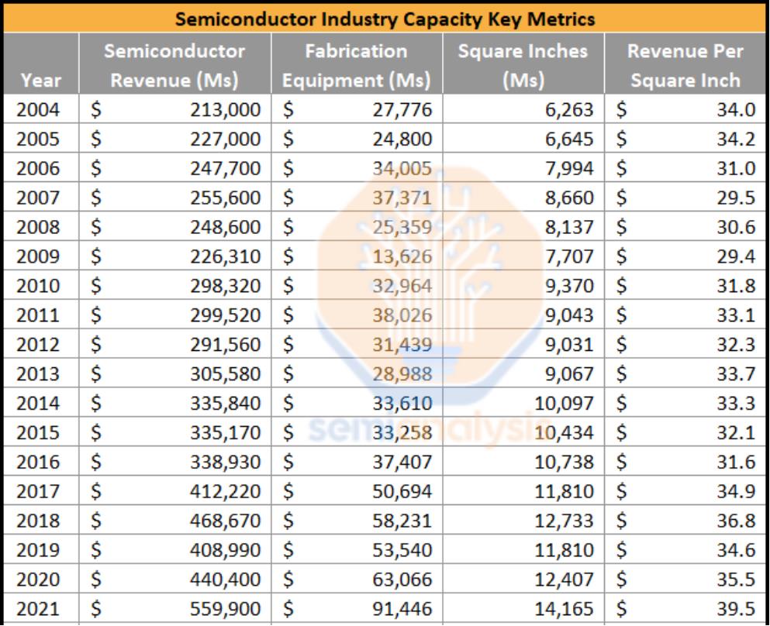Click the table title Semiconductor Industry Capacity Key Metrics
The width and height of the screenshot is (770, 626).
pyautogui.click(x=385, y=19)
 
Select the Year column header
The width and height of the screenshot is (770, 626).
pyautogui.click(x=41, y=80)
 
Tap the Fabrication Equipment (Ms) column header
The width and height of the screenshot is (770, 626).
pyautogui.click(x=356, y=66)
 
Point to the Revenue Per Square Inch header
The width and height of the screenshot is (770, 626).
pyautogui.click(x=685, y=66)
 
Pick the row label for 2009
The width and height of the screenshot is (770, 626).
pyautogui.click(x=38, y=256)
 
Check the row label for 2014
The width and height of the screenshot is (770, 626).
pyautogui.click(x=38, y=404)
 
